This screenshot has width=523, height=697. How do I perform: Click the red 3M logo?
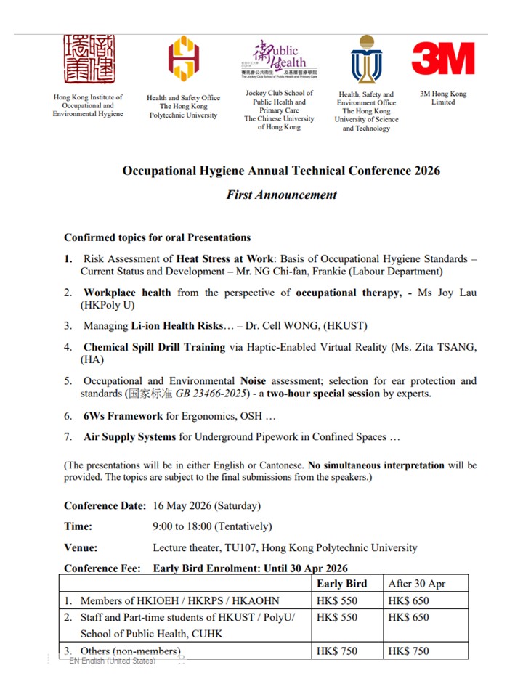[x=443, y=59]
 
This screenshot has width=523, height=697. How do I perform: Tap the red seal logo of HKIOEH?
[x=88, y=59]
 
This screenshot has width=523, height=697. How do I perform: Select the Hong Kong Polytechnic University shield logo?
[x=183, y=59]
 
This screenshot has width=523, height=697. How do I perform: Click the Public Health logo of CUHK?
[x=279, y=59]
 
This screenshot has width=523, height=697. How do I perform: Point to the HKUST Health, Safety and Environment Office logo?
[x=366, y=59]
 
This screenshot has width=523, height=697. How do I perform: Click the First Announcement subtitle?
[x=281, y=195]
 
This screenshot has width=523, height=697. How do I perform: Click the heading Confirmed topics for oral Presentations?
[x=157, y=237]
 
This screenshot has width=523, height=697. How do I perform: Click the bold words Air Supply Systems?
[x=129, y=437]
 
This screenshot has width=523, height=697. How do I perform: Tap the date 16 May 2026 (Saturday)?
[x=206, y=505]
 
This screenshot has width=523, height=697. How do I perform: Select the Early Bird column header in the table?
[x=341, y=583]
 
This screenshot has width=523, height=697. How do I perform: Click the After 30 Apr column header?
[x=417, y=583]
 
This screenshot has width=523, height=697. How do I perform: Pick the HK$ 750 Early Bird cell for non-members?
[x=337, y=651]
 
